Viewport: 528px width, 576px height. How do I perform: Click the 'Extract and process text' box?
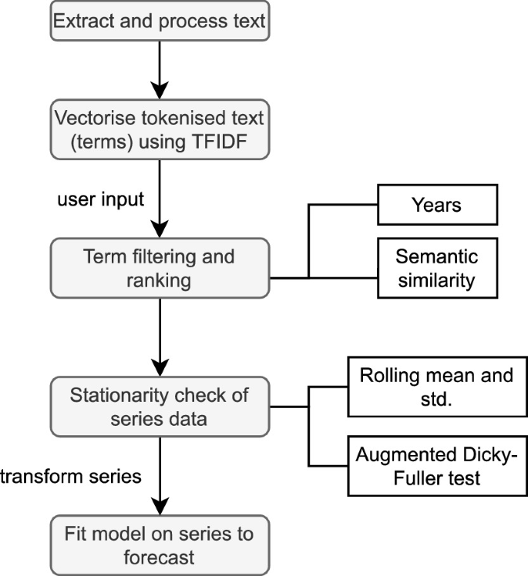(x=160, y=21)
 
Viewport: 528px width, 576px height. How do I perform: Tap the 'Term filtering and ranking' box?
(x=160, y=267)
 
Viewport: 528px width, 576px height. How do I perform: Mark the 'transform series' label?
(x=71, y=476)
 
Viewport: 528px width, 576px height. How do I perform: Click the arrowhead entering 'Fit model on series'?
(x=160, y=505)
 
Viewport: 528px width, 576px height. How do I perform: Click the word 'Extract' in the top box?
(x=81, y=21)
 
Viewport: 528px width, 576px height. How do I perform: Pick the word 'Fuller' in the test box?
(x=418, y=477)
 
